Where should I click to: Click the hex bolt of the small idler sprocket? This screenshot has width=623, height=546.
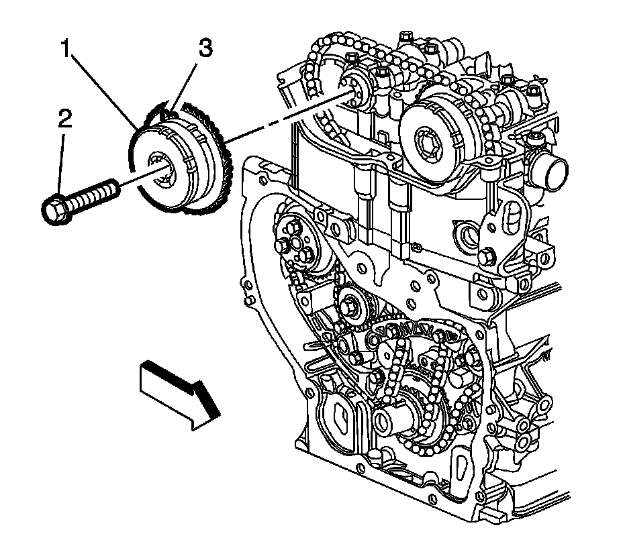click(351, 307)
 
